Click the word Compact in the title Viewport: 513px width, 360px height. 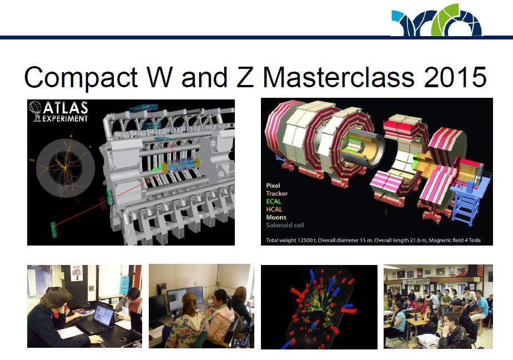pos(81,77)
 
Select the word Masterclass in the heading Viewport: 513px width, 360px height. pos(339,77)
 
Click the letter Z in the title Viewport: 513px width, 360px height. pos(245,77)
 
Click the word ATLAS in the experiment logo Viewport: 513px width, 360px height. pos(66,108)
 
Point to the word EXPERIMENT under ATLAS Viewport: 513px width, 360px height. pos(66,118)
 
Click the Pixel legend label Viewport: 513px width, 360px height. pos(273,186)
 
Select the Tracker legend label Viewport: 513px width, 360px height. pos(277,193)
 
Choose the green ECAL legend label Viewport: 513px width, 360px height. pos(274,201)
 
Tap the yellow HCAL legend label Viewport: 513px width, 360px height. pos(274,209)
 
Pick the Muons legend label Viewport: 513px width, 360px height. pos(276,217)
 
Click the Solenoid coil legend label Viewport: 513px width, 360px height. pos(285,225)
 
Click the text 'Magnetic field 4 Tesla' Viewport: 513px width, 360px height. pos(455,240)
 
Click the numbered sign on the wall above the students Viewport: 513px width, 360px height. pos(77,273)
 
